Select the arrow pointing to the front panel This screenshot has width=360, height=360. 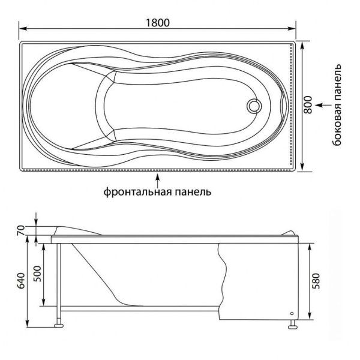click(157, 178)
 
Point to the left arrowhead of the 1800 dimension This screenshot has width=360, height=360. click(22, 29)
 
